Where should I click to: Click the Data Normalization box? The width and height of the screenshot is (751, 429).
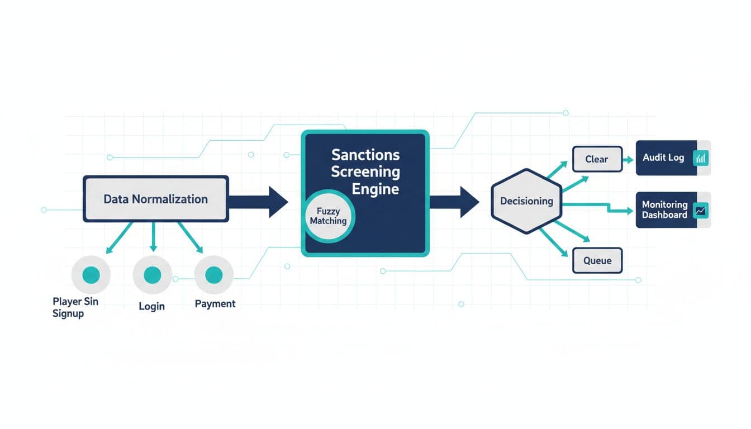tap(155, 199)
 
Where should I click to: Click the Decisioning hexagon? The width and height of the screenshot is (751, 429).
tap(526, 201)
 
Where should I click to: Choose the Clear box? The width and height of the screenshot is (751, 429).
tap(597, 159)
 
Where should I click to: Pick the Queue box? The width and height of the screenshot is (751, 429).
tap(597, 260)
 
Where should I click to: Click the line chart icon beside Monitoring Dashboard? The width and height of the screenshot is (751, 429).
tap(700, 211)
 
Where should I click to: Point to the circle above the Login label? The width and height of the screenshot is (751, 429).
tap(152, 275)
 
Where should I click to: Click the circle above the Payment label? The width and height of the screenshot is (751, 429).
tap(213, 275)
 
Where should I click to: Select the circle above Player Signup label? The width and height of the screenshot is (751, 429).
tap(91, 275)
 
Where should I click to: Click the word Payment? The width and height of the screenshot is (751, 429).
tap(215, 304)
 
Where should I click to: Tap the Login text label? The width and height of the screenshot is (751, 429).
tap(151, 306)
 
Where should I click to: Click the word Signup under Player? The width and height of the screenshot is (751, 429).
tap(68, 313)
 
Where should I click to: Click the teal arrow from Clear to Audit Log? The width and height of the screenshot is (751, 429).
tap(628, 160)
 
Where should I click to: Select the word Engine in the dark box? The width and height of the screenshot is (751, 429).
tap(375, 189)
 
